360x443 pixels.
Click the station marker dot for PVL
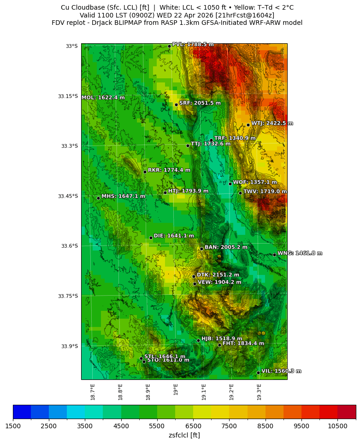[169, 46]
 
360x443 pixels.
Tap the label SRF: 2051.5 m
[200, 103]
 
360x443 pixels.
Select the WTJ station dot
[248, 125]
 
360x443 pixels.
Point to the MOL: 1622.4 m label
[103, 98]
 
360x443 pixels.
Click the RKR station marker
[145, 172]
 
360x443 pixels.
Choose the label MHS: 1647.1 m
[123, 196]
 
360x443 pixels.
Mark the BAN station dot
[201, 249]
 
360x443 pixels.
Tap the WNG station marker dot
[274, 255]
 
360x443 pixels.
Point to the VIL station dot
[258, 373]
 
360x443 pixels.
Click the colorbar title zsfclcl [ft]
[184, 435]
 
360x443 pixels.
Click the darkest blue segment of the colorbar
[22, 412]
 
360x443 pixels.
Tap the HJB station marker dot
[198, 340]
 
